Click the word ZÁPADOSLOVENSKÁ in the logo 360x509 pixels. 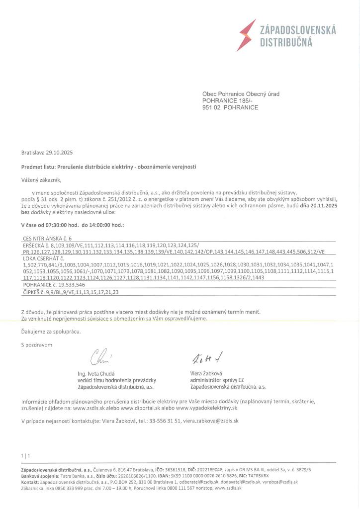pos(298,31)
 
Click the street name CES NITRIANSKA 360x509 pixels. pos(43,239)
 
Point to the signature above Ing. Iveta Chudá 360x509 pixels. pos(98,357)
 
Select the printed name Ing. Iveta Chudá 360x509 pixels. pos(96,373)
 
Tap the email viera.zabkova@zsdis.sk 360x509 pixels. pos(212,421)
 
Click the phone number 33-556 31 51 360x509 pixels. pos(149,421)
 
